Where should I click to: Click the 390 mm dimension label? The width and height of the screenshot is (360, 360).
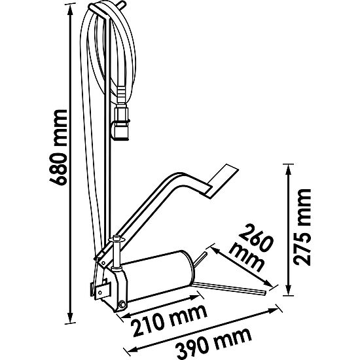tap(209, 340)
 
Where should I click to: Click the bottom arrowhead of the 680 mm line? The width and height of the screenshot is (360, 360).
tap(69, 320)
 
